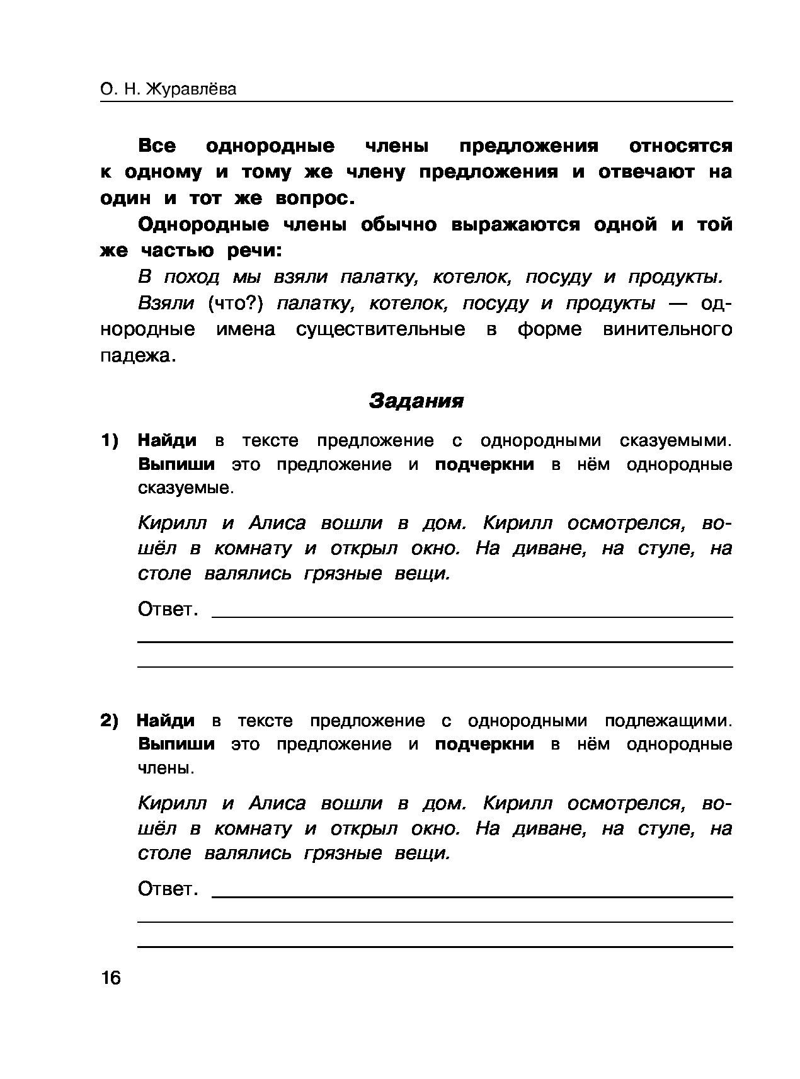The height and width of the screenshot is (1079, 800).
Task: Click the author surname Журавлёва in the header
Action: coord(191,89)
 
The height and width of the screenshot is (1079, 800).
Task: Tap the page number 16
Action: coord(110,978)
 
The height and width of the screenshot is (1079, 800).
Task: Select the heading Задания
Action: coord(416,401)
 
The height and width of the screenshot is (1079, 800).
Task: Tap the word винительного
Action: coord(668,329)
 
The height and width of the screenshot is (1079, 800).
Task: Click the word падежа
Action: coord(135,356)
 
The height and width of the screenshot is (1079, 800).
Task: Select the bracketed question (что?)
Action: coord(234,304)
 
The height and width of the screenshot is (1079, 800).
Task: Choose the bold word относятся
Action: coord(680,147)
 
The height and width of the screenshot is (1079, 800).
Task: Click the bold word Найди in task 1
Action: coord(167,440)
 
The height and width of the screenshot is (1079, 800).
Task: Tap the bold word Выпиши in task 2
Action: coord(176,745)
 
